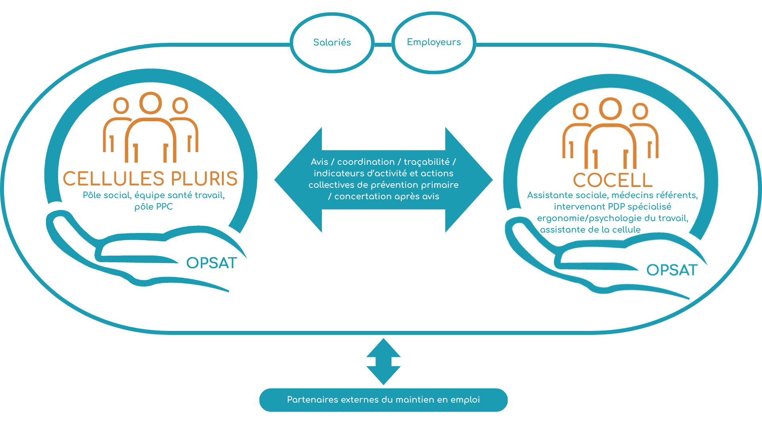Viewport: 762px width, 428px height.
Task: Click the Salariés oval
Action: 332,42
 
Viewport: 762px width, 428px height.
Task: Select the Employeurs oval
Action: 434,42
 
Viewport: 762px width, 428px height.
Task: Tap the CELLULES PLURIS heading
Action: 150,179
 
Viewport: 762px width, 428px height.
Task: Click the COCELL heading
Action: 613,180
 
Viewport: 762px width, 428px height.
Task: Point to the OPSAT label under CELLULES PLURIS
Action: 212,263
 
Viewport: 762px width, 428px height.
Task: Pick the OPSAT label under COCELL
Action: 672,270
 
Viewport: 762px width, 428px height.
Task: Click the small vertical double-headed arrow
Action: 383,361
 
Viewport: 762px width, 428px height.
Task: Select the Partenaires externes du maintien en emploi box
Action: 383,400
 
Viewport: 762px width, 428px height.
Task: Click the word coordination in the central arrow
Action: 366,162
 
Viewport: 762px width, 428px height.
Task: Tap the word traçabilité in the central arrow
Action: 427,162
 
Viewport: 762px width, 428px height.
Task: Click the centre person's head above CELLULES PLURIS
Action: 151,103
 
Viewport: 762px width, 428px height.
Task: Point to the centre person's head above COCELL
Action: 610,109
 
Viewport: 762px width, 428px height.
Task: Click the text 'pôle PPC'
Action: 154,207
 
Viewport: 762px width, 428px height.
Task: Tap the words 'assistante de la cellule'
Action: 590,230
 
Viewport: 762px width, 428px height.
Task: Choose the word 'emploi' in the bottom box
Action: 465,400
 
